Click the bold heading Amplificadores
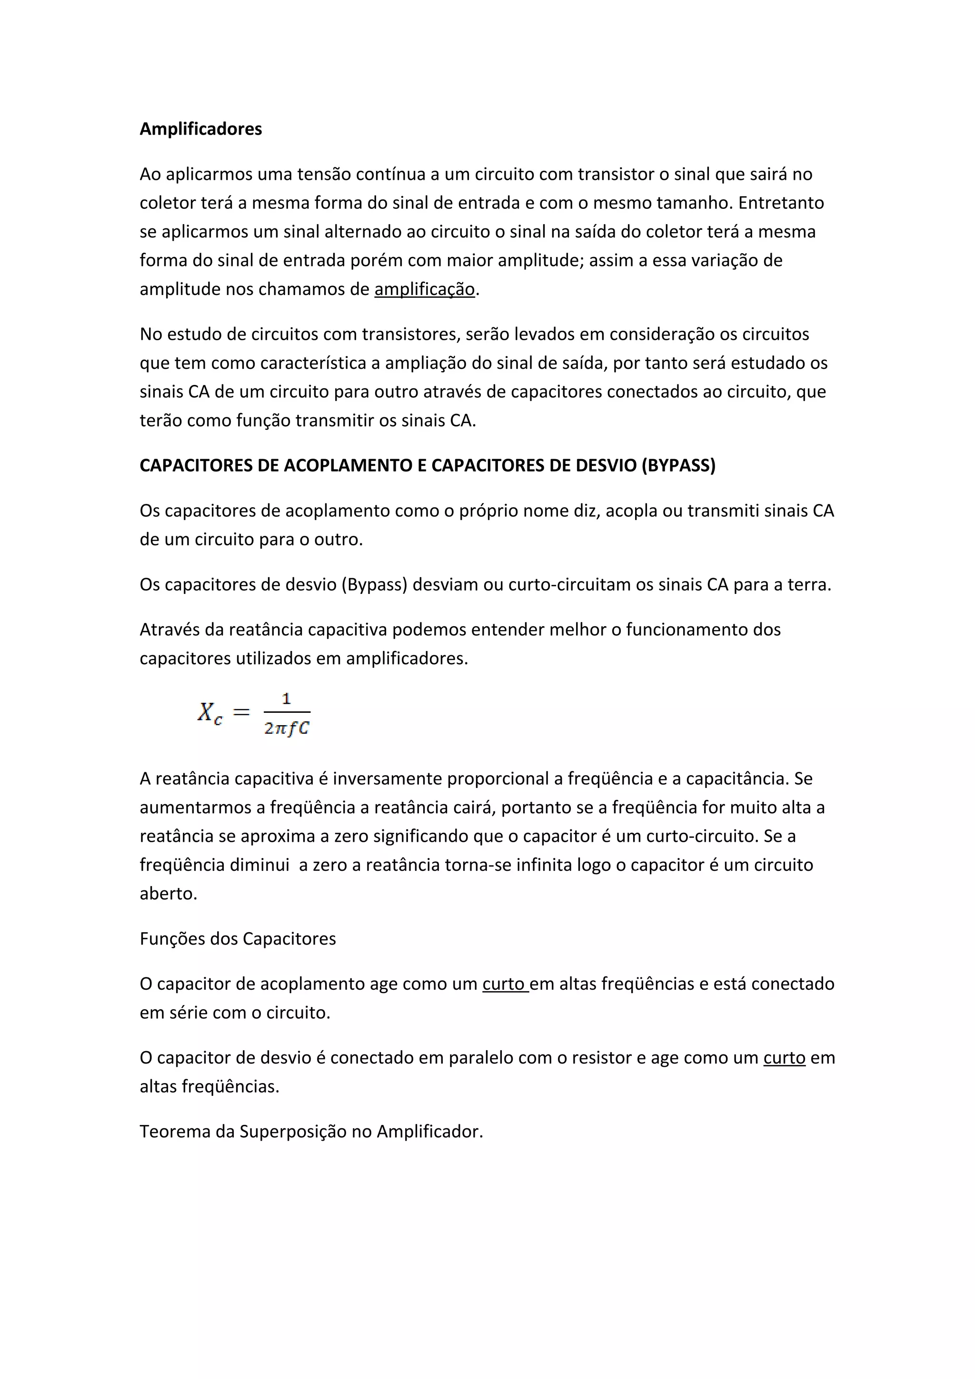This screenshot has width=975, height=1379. coord(200,129)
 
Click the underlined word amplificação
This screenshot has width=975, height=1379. coord(424,289)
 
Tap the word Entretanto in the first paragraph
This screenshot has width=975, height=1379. coord(781,203)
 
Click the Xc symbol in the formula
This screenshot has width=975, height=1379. coord(209,713)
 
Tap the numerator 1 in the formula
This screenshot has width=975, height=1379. coord(287,699)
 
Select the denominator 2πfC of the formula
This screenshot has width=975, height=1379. coord(287,729)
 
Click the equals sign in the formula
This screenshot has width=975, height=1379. coord(241,712)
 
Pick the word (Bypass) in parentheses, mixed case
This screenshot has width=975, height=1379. coord(374,584)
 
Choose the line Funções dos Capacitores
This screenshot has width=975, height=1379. coord(238,939)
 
